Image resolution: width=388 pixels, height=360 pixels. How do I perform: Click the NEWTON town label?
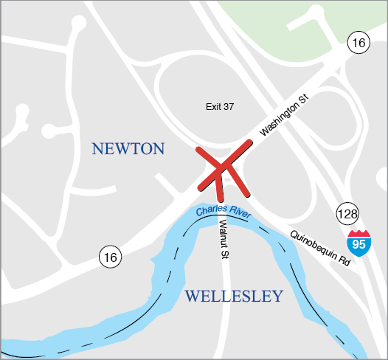(x=128, y=149)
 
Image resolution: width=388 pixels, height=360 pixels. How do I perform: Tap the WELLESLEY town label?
(x=233, y=297)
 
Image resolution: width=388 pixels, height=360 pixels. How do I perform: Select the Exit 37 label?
(x=219, y=107)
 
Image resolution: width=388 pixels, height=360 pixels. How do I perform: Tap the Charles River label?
(x=223, y=212)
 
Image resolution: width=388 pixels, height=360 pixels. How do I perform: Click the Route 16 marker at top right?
(x=358, y=44)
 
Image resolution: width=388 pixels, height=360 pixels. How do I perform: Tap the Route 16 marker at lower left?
(x=109, y=257)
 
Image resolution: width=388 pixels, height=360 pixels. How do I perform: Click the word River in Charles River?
(x=239, y=212)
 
